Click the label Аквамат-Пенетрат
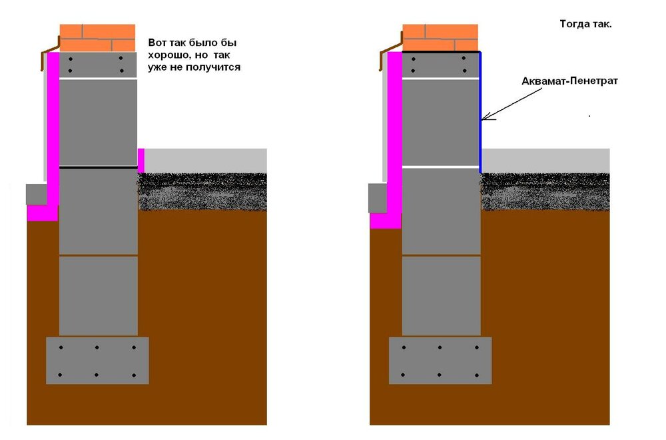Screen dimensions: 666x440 pos(569,81)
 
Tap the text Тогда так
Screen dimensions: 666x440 pos(585,24)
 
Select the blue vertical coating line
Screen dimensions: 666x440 pos(480,113)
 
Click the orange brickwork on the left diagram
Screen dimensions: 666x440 pos(97,38)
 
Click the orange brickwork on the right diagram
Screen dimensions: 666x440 pos(440,38)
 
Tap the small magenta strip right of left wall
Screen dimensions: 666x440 pos(141,160)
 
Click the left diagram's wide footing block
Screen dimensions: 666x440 pos(97,361)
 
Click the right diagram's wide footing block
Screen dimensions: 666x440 pos(440,361)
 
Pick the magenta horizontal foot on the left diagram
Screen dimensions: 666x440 pos(43,213)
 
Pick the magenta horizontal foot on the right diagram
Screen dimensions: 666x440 pos(386,221)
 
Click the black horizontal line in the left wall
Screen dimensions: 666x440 pos(98,167)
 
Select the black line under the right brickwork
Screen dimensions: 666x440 pos(441,52)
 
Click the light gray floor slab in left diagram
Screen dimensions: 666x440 pos(206,161)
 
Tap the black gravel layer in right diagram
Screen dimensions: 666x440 pos(545,192)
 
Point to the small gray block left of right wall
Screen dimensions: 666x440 pos(378,198)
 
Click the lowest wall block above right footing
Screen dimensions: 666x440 pos(442,296)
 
